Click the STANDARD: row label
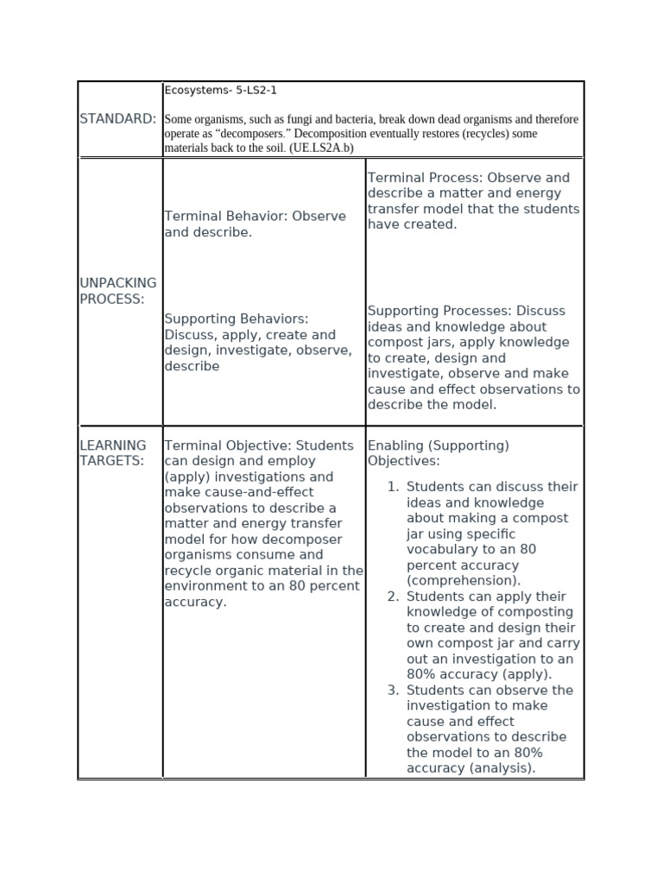click(x=118, y=118)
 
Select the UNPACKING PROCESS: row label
click(x=118, y=291)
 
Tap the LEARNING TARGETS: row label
click(x=113, y=453)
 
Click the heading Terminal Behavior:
click(x=225, y=217)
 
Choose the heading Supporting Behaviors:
click(x=237, y=319)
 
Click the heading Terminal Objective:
click(x=227, y=445)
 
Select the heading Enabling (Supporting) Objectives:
click(x=439, y=453)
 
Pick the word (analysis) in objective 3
click(x=503, y=768)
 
